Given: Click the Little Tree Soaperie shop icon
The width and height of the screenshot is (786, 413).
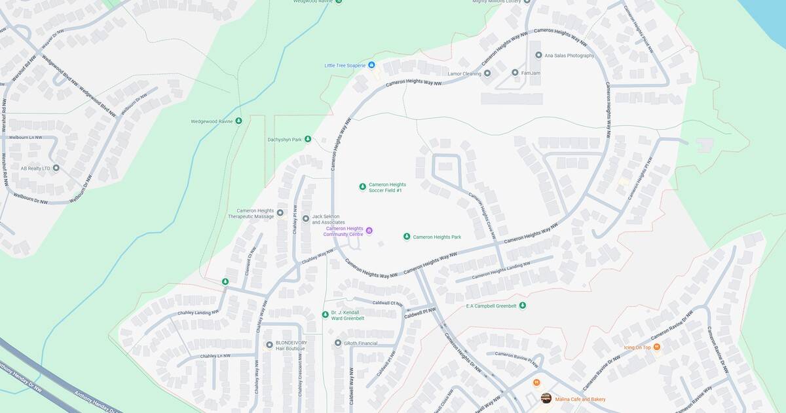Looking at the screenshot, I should (371, 66).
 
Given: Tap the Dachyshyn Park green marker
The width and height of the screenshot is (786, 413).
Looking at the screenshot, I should (307, 139).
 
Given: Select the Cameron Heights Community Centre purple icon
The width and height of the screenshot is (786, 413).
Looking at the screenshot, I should (369, 231).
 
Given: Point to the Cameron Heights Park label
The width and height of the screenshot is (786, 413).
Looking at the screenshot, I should (437, 237).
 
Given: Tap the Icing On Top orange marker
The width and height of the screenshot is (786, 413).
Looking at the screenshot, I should (656, 347).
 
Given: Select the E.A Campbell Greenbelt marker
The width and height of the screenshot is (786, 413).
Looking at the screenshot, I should (522, 305).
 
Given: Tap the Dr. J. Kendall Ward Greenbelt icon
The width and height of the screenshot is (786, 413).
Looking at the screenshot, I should (325, 315).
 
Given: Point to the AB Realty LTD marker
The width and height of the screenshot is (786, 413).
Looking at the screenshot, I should (56, 168).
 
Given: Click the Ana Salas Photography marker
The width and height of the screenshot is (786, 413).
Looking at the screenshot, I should (538, 56).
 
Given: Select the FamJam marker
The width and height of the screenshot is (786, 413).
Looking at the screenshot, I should (515, 73).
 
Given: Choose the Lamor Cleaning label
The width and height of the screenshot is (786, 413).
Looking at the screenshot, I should (464, 73).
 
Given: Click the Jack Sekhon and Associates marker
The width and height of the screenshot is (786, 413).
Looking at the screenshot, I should (305, 218).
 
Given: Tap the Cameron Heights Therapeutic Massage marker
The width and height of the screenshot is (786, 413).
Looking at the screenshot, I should (280, 212).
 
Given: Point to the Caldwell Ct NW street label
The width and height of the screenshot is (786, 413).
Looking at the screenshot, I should (386, 303).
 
